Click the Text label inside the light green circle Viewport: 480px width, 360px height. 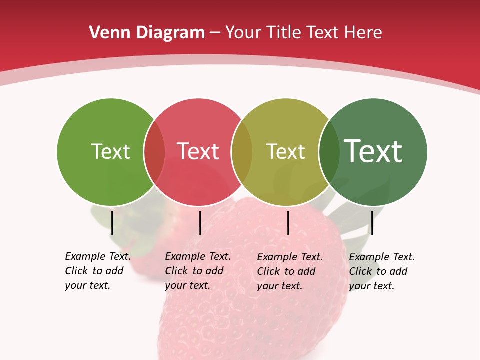(110, 151)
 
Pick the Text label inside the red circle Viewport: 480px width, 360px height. (198, 151)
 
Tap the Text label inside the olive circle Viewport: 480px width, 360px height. (285, 151)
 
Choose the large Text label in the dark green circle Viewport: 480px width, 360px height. (373, 151)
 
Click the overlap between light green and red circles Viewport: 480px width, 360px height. (154, 151)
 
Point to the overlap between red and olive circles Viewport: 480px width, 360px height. (242, 151)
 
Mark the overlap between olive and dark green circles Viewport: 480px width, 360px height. (329, 151)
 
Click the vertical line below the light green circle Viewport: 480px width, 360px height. (112, 223)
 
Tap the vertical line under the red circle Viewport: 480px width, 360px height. (200, 223)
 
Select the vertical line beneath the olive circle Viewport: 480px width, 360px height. (288, 223)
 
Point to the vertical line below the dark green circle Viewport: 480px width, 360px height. (372, 223)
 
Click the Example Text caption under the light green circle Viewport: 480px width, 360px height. (97, 271)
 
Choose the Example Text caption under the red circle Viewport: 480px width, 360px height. (197, 271)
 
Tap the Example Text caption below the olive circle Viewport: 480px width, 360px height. (289, 271)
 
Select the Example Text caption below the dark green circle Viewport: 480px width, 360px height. (381, 271)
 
